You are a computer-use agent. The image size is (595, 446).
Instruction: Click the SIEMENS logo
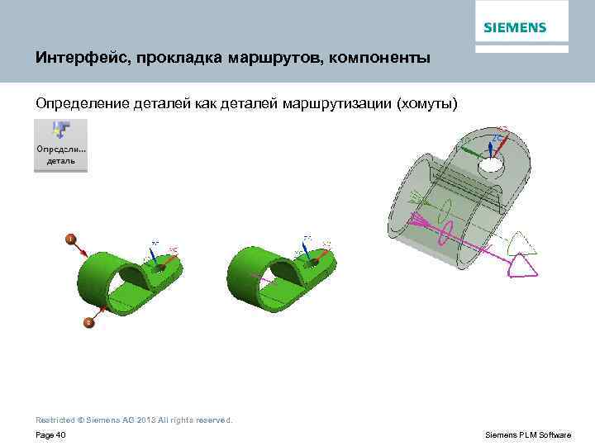pyautogui.click(x=514, y=27)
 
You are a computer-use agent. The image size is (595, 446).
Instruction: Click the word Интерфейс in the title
pyautogui.click(x=75, y=59)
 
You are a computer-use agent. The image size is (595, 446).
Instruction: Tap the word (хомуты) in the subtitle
pyautogui.click(x=426, y=103)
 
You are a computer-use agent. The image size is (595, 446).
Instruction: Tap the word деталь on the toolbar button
pyautogui.click(x=60, y=161)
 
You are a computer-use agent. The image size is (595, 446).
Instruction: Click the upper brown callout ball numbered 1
pyautogui.click(x=72, y=239)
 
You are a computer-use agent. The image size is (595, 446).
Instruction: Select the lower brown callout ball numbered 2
pyautogui.click(x=88, y=323)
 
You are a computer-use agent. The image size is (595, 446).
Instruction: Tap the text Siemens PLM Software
pyautogui.click(x=528, y=435)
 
